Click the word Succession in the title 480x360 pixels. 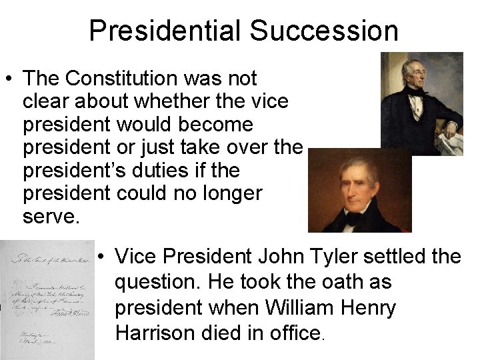pyautogui.click(x=324, y=31)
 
